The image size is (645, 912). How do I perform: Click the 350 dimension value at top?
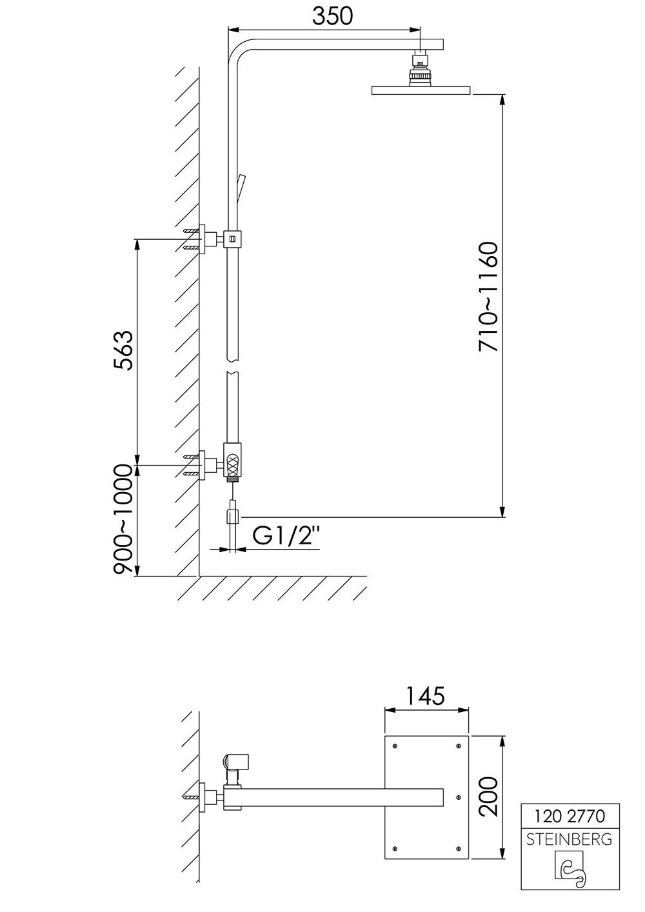(332, 16)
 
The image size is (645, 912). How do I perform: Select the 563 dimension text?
(123, 350)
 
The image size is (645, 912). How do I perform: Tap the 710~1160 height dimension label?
(488, 297)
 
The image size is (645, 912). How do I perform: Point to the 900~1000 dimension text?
(123, 520)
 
